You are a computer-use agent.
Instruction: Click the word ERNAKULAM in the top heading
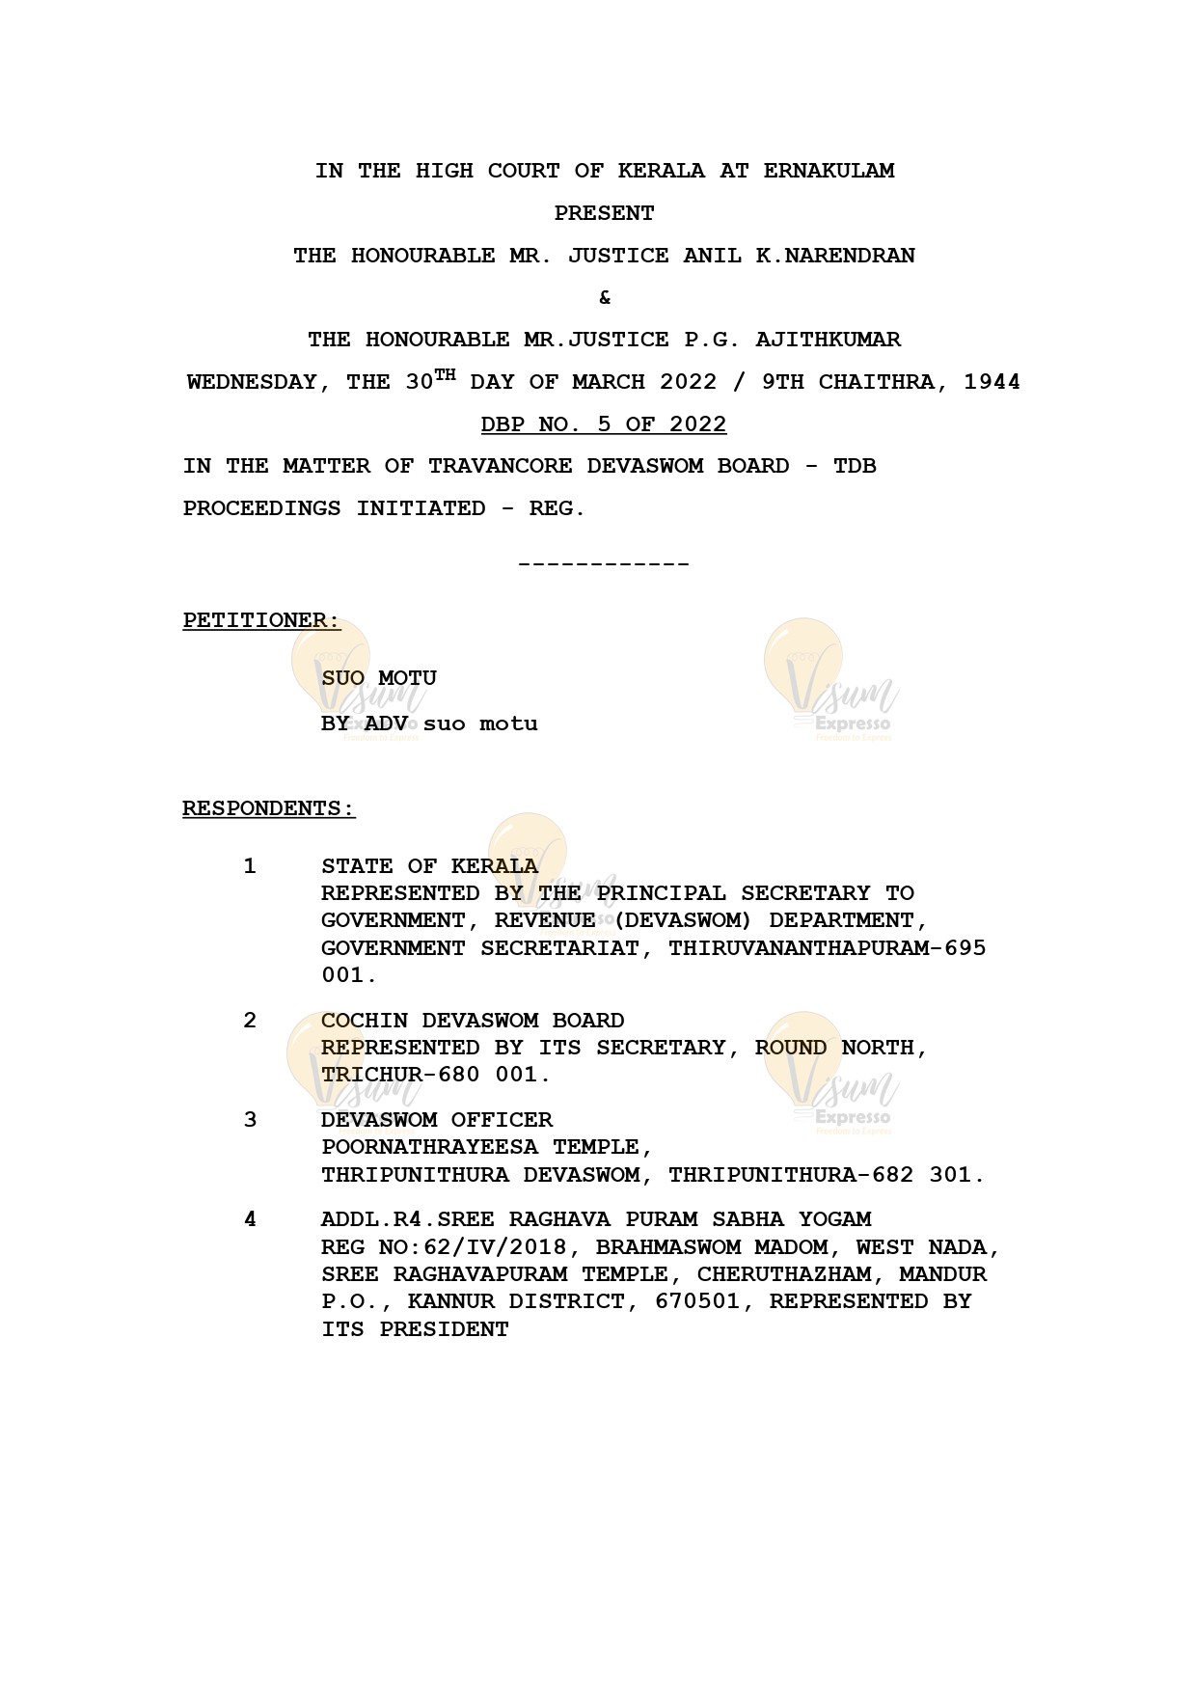pos(829,171)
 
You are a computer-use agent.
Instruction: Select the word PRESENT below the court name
pos(604,213)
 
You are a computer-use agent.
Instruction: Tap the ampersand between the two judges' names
pos(605,297)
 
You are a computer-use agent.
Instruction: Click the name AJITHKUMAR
pos(828,340)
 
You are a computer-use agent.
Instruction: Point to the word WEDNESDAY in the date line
pos(252,382)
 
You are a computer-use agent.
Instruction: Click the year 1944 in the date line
pos(992,382)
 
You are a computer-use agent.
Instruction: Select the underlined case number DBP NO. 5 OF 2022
pos(604,424)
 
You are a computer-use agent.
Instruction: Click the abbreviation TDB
pos(855,466)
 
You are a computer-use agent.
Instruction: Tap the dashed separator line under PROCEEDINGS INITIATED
pos(604,563)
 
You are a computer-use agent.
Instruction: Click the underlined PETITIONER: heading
pos(261,620)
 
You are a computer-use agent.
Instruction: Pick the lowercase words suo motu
pos(480,724)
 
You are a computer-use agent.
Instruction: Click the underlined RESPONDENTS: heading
pos(269,808)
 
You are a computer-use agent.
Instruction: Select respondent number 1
pos(250,866)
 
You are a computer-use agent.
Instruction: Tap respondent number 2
pos(250,1021)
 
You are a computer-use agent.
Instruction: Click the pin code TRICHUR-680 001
pos(436,1075)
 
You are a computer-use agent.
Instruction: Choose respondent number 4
pos(250,1219)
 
